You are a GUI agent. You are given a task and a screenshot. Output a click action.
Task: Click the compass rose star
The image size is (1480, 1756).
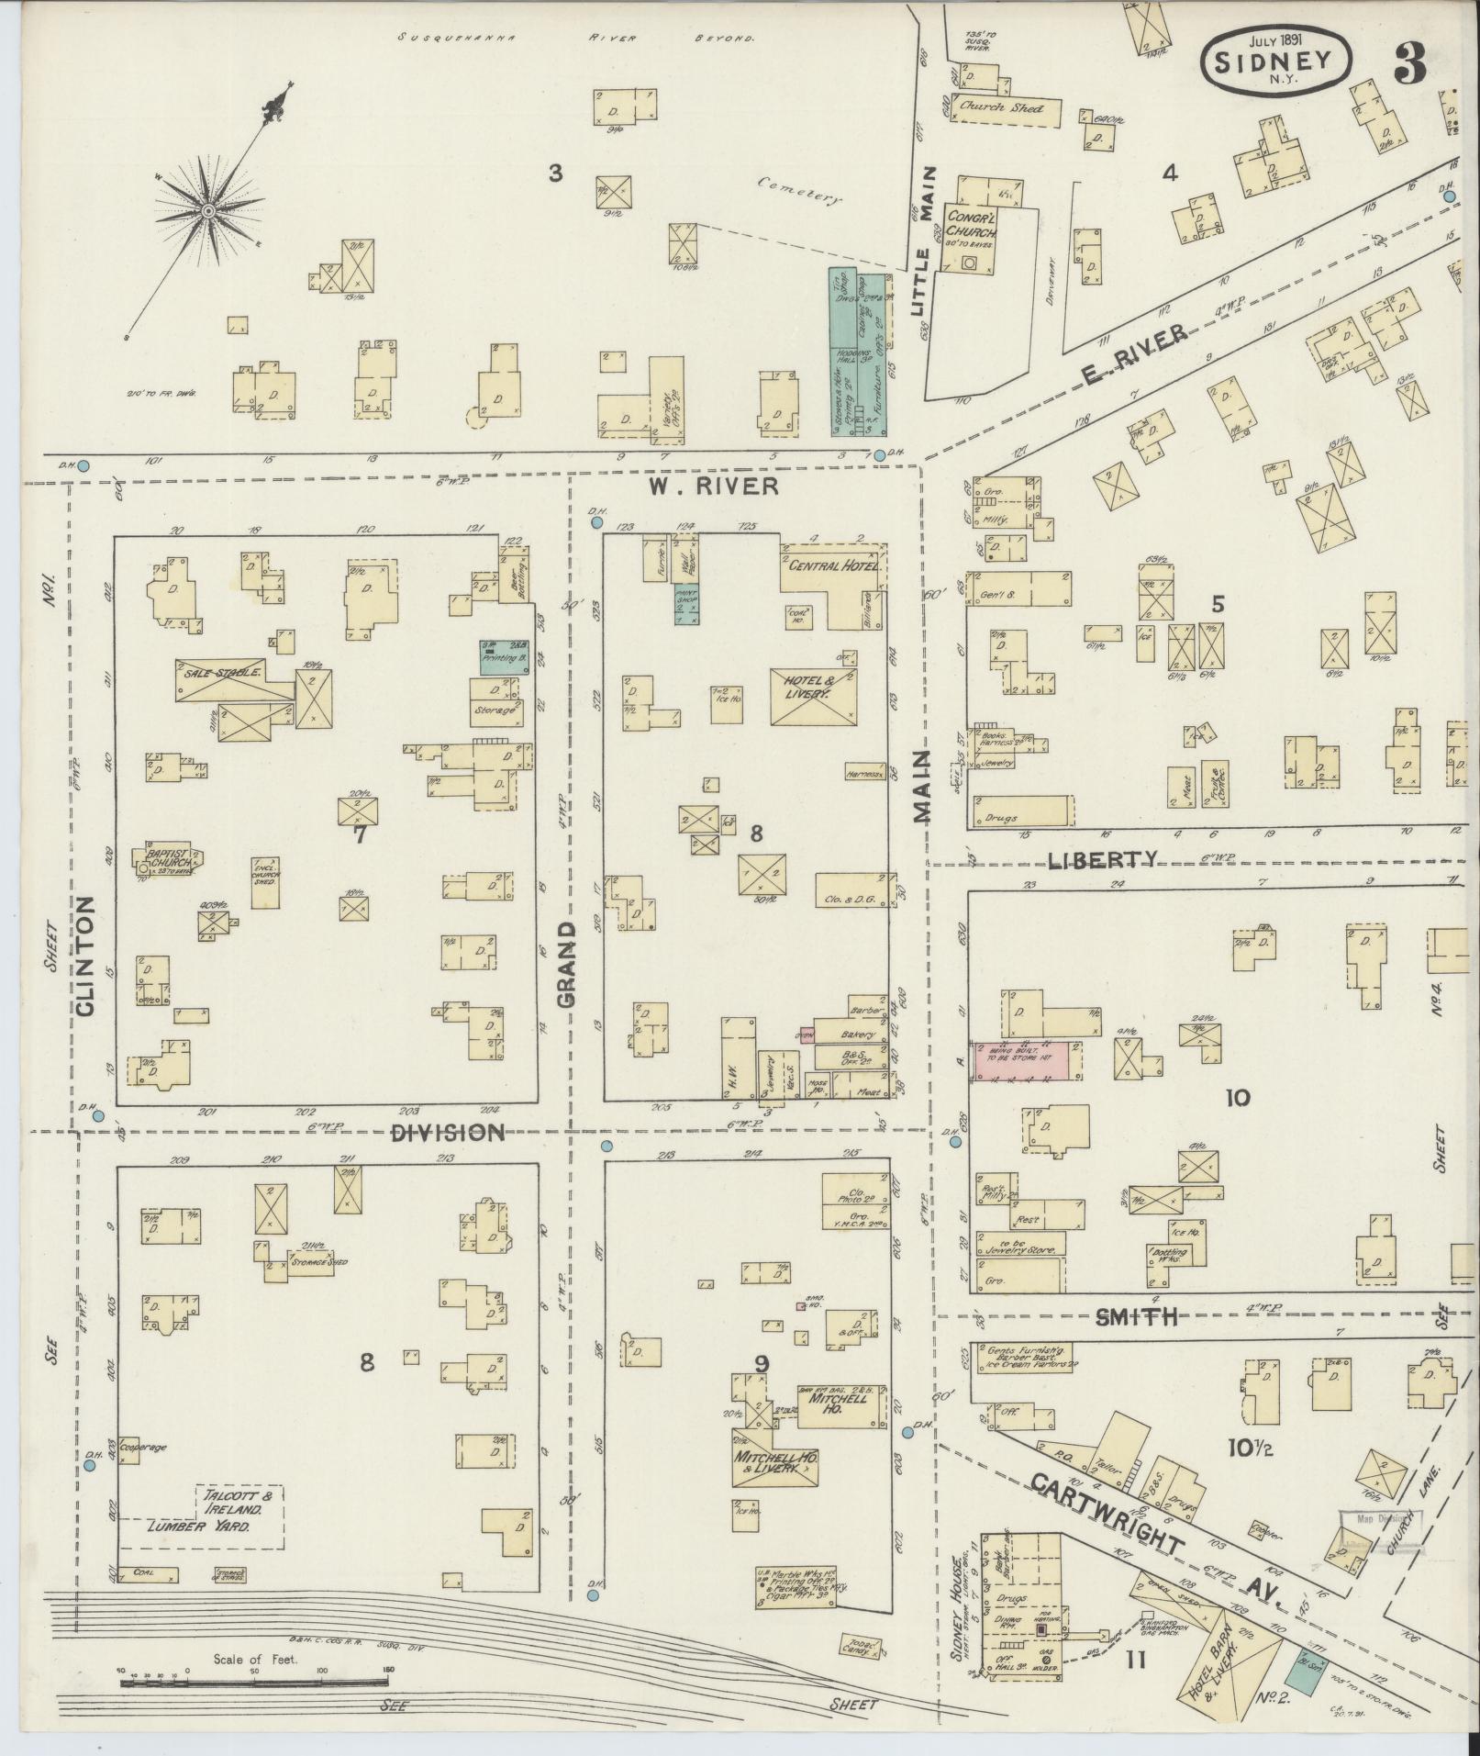[x=208, y=212]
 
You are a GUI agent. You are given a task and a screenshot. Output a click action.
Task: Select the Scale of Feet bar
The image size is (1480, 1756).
[x=254, y=1683]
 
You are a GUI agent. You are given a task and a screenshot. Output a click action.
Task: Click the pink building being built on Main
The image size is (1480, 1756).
[x=1028, y=1060]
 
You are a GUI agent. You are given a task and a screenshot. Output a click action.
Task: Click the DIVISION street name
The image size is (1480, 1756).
[x=448, y=1133]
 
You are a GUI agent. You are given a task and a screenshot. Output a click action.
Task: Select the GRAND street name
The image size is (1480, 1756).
[x=566, y=964]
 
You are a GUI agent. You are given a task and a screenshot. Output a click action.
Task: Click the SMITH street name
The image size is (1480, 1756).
[x=1136, y=1317]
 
